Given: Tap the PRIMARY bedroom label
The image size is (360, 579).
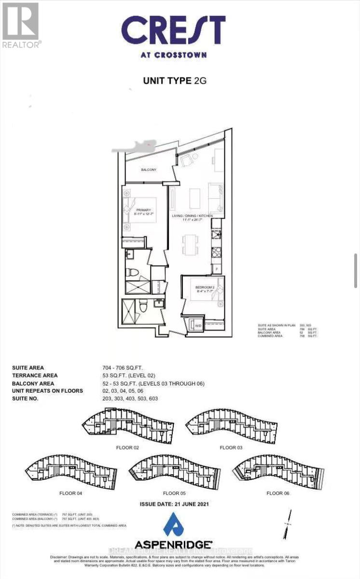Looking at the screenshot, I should [x=144, y=210].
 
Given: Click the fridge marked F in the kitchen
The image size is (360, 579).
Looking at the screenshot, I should [x=217, y=266].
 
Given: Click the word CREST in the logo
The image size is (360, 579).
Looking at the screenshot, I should [x=173, y=30].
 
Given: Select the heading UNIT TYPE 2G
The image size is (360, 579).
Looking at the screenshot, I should [x=175, y=81].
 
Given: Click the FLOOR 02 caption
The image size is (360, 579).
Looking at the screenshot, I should [x=128, y=448].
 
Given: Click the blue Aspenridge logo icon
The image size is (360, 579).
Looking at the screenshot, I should [x=173, y=524].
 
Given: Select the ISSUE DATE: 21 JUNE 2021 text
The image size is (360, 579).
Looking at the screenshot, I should [x=174, y=504].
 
